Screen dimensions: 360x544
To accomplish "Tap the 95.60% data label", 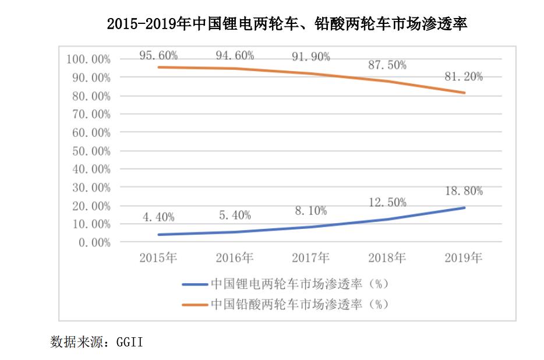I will click(x=158, y=56).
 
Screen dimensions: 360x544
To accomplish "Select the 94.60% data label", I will click(x=235, y=56).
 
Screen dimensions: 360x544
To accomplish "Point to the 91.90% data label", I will click(x=310, y=57).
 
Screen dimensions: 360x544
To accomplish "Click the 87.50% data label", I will click(x=387, y=65).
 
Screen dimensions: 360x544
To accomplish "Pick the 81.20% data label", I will click(x=463, y=77).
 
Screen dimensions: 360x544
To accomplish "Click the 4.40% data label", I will click(x=158, y=217).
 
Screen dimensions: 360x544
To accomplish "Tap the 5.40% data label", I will click(x=235, y=215).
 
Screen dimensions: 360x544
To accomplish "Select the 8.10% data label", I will click(x=310, y=211).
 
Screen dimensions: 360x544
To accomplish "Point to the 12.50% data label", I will click(x=387, y=202).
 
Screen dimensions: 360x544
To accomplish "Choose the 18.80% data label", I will click(x=463, y=190).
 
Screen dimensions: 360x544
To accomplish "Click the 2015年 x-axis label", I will click(x=158, y=257).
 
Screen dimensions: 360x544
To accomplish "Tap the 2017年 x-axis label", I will click(x=310, y=257).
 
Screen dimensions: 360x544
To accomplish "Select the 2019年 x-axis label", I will click(x=463, y=257).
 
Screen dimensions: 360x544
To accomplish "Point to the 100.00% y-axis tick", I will click(x=89, y=59).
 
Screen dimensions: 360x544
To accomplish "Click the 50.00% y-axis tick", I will click(x=91, y=151).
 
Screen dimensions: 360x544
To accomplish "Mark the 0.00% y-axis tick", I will click(x=94, y=242).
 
